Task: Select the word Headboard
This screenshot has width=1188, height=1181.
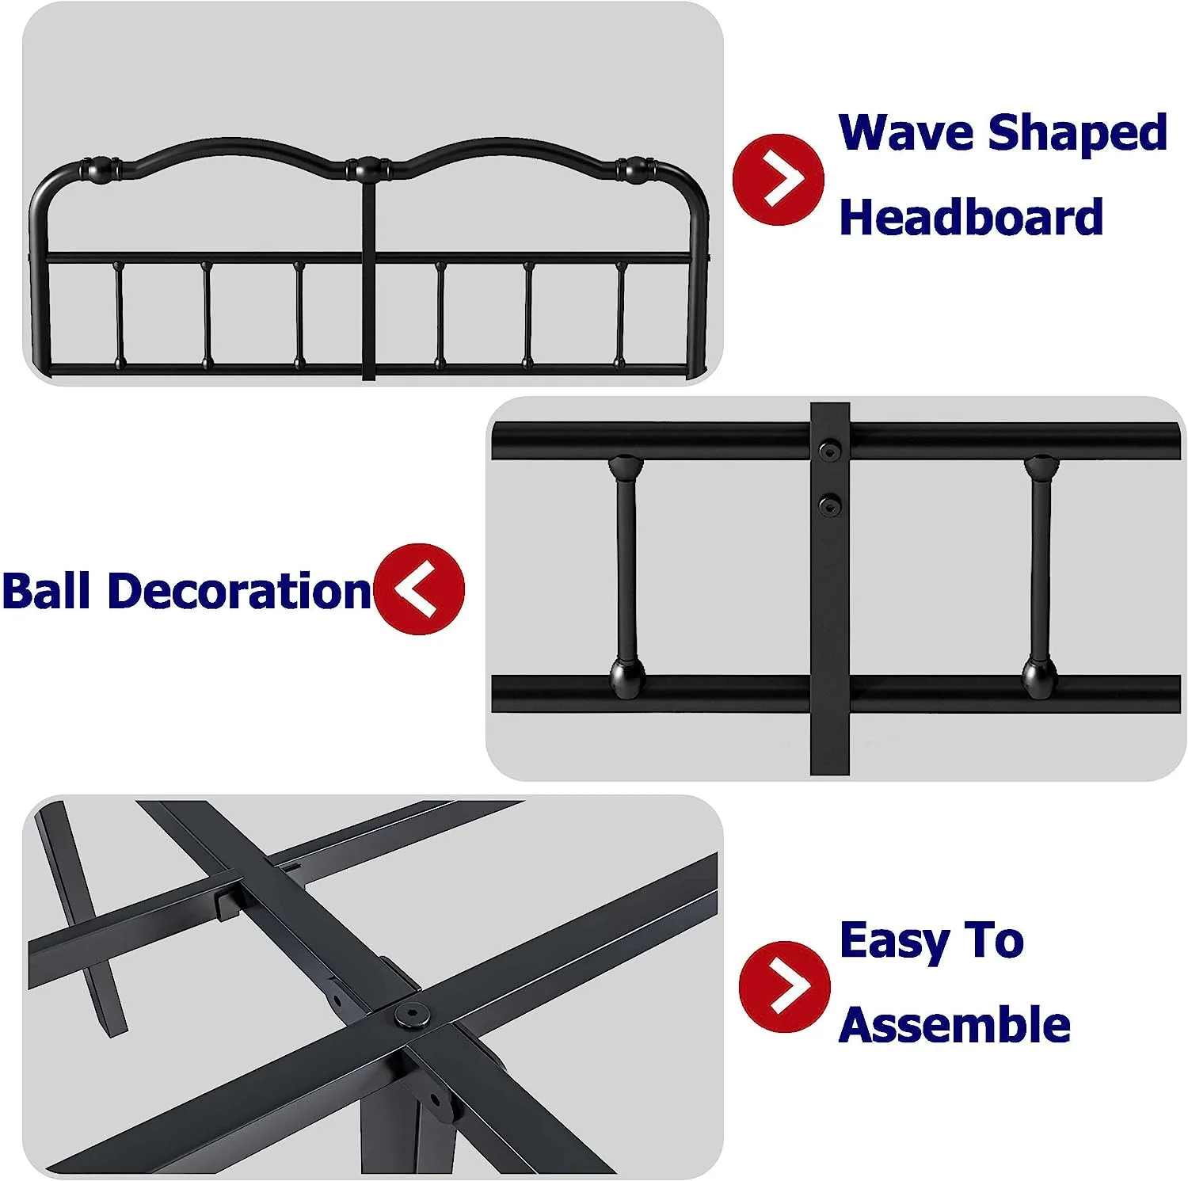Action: [971, 216]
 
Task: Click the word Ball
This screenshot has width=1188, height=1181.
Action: [46, 590]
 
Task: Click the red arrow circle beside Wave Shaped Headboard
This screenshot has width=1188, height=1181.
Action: [778, 180]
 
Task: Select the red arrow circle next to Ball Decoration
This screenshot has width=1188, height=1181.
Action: [419, 589]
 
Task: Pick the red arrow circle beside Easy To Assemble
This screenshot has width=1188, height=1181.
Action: [784, 987]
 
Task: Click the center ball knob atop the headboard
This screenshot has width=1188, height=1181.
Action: [367, 168]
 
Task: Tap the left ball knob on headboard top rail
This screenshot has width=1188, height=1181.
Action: [100, 169]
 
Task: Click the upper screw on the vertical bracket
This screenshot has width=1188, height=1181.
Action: [829, 452]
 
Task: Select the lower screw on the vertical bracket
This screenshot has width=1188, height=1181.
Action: [829, 504]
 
